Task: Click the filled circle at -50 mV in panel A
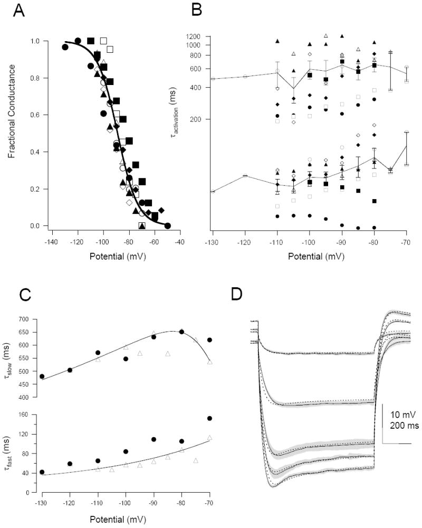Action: [x=168, y=225]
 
